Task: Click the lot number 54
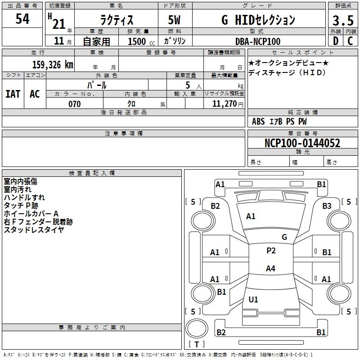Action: pos(22,18)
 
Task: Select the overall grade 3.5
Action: pos(343,20)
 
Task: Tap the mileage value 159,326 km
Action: pos(53,64)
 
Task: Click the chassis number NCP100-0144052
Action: pos(302,143)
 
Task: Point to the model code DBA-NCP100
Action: pos(258,41)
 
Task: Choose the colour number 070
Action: pos(75,104)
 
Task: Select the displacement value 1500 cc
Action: pos(141,41)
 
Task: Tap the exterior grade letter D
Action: pos(336,41)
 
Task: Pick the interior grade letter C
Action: pos(350,41)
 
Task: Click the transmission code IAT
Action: pos(13,94)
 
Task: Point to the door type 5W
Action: pos(174,20)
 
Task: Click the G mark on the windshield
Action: pos(284,237)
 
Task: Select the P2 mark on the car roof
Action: pos(271,250)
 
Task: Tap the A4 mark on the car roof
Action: pos(270,268)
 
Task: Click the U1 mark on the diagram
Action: pos(253,299)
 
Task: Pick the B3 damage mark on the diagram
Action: pos(327,206)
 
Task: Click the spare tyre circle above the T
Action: pos(197,328)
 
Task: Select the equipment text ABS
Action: pos(258,121)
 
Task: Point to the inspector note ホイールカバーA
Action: pos(31,214)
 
